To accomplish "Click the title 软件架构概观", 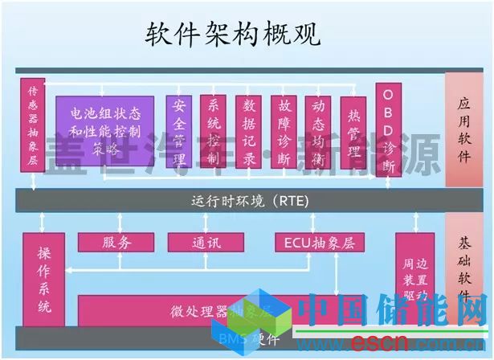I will (x=233, y=34).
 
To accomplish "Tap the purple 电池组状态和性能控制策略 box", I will (x=105, y=130).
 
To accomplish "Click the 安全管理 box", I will (x=179, y=132).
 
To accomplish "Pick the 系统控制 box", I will (x=214, y=132).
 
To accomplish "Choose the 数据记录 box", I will (x=248, y=132).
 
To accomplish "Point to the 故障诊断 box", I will (x=284, y=132).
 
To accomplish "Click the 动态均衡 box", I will (x=318, y=132).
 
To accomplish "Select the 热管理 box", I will (x=353, y=132).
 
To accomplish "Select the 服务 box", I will (x=116, y=242).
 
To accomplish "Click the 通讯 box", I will (x=206, y=242).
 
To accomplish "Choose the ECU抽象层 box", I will (x=319, y=242).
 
